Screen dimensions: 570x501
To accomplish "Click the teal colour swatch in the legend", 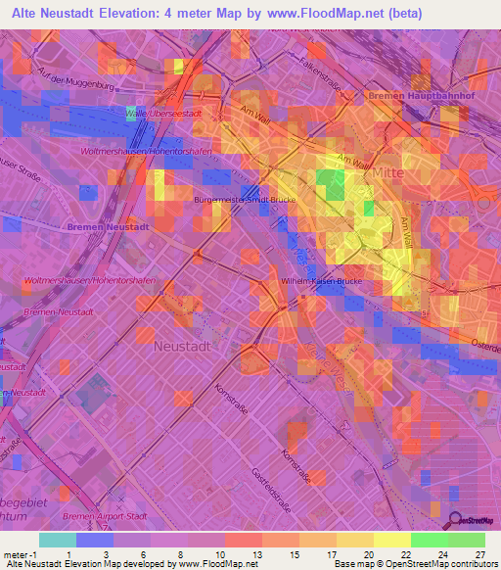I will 57,540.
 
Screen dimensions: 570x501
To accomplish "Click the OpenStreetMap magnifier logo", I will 453,521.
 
